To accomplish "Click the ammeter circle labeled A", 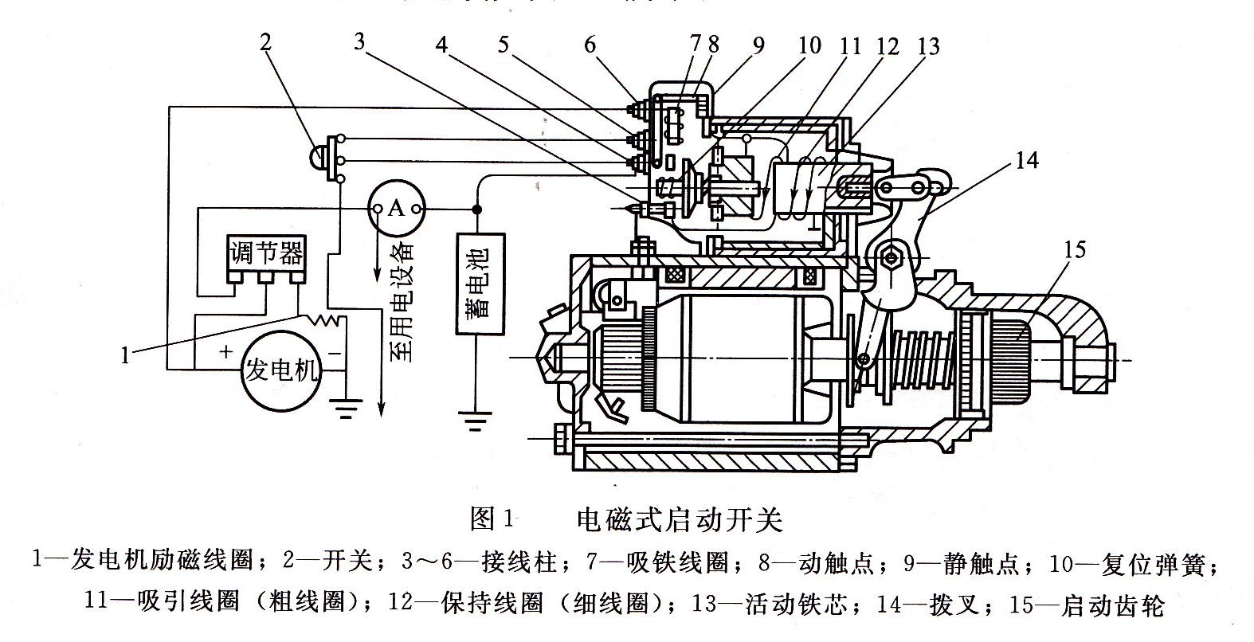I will [x=396, y=209].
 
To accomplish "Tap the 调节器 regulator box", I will [x=266, y=255].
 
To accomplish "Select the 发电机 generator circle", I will [x=282, y=370].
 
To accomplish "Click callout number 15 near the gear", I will [x=1074, y=250].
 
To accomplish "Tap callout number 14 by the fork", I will [x=1028, y=160].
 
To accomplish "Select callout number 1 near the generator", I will [x=125, y=356].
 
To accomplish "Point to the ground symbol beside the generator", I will [x=345, y=409].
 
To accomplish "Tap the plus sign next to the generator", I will [x=225, y=350].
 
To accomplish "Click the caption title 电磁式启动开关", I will [x=680, y=520].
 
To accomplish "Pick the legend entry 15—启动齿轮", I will [x=1087, y=606].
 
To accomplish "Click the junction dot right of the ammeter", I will [x=476, y=209].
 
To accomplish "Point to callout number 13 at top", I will [x=928, y=46].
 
